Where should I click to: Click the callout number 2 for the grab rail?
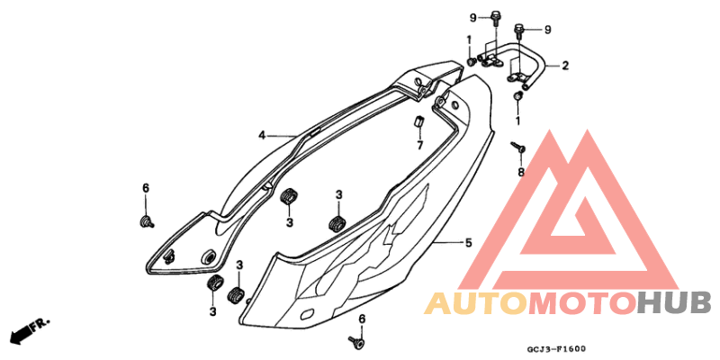(565, 66)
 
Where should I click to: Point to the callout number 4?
(262, 136)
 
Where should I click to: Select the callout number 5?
(468, 242)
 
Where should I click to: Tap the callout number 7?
(419, 146)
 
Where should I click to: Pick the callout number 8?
(521, 172)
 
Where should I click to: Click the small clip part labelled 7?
(418, 121)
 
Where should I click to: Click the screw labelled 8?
(518, 148)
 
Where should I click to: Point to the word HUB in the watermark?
(673, 304)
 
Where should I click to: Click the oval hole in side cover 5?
(307, 313)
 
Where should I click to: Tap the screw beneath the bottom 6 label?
(355, 341)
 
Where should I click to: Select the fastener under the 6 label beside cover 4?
(147, 222)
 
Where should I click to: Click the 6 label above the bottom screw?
(362, 319)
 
